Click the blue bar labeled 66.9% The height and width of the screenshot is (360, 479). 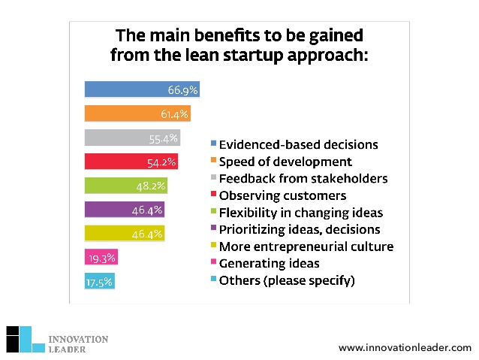141,89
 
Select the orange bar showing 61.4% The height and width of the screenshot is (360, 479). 137,113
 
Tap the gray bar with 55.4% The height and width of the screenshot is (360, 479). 132,138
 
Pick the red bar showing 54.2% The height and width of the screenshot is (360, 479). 131,162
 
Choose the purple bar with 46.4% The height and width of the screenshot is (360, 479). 125,210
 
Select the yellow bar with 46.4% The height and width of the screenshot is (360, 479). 125,234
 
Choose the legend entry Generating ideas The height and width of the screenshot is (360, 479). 270,263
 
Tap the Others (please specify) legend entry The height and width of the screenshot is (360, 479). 286,280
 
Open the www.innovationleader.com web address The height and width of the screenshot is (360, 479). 405,347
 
